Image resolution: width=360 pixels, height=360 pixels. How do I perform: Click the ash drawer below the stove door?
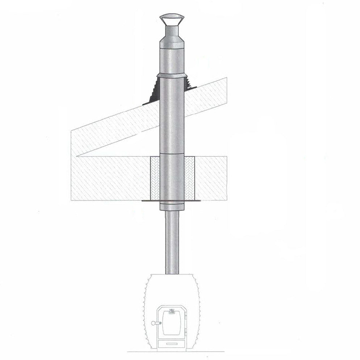[172, 343]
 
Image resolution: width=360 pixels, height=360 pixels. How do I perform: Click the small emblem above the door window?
[172, 310]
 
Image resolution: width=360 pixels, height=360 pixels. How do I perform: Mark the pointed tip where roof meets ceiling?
[78, 156]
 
